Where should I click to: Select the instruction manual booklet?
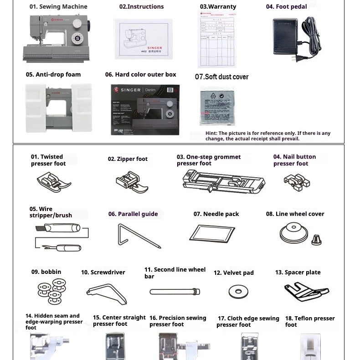(143, 40)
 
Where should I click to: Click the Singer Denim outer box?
(145, 110)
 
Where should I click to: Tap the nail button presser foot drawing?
(297, 182)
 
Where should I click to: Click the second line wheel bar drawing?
(175, 291)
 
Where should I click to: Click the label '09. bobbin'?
(46, 272)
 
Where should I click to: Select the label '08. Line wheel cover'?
(295, 214)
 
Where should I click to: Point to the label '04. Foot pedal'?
(286, 7)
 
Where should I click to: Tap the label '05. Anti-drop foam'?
(53, 75)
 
